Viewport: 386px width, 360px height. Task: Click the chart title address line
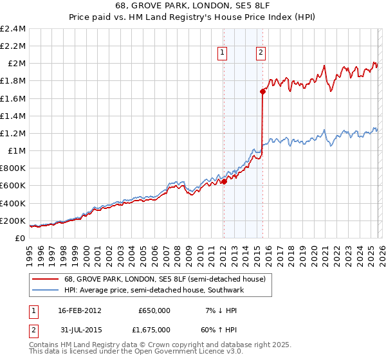[x=193, y=4]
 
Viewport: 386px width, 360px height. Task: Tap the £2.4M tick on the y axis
[x=13, y=29]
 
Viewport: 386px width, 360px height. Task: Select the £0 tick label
[x=21, y=238]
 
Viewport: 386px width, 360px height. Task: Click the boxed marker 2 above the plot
[x=261, y=53]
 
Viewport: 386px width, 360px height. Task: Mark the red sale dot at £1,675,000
[x=262, y=92]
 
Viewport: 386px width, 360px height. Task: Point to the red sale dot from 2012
[x=224, y=181]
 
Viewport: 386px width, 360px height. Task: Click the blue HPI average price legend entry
[x=154, y=291]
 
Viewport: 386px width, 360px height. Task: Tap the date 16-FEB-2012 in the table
[x=80, y=310]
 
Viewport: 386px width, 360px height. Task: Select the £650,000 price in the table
[x=154, y=310]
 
